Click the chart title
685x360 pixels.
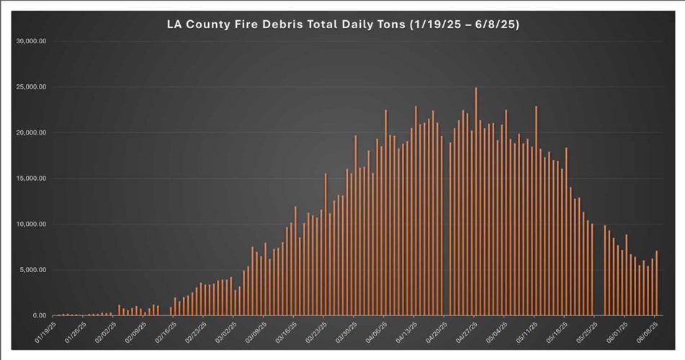(x=343, y=24)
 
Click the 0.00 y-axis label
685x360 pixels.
(x=39, y=316)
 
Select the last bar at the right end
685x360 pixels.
(x=657, y=284)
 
